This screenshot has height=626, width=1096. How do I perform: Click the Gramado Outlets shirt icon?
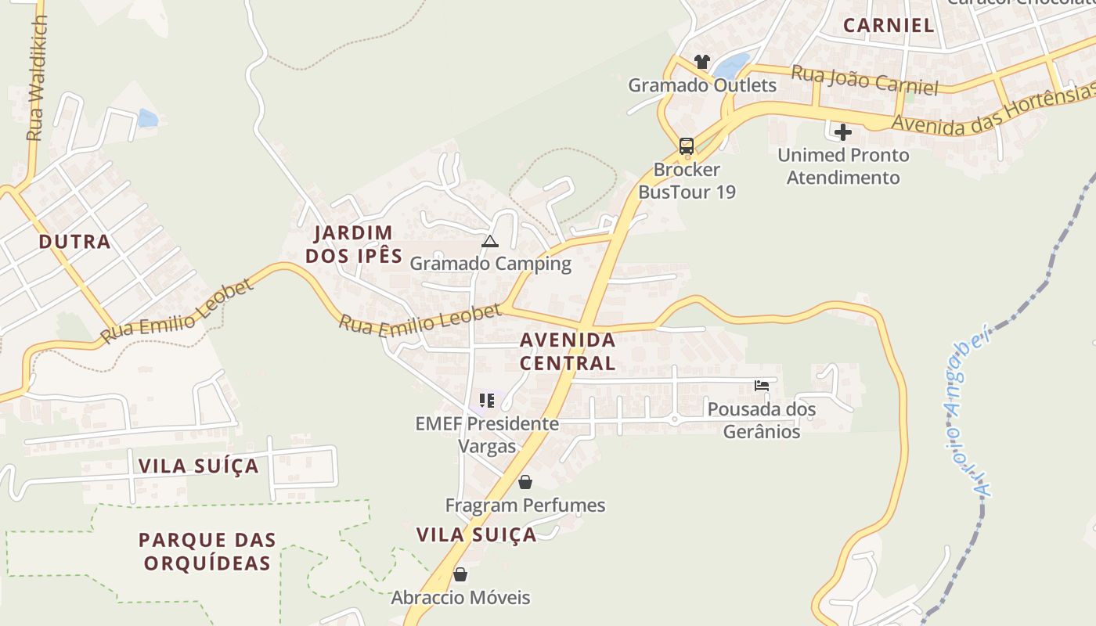coord(701,62)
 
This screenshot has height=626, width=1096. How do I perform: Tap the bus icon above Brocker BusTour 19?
coord(687,146)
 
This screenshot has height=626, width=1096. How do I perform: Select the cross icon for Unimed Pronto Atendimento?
coord(843,131)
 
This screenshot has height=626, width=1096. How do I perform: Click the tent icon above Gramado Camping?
coord(490,241)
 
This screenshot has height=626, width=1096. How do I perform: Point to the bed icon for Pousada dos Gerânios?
coord(761,385)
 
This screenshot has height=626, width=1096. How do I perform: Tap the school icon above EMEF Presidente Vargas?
coord(487,401)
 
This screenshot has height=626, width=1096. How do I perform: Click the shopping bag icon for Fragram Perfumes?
coord(525,482)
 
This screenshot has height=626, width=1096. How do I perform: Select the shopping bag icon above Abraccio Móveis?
coord(460,575)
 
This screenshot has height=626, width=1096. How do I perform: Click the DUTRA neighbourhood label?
coord(75,242)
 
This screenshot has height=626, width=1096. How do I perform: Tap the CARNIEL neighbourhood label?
coord(889,25)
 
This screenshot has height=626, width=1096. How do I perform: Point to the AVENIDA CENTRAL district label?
coord(568,351)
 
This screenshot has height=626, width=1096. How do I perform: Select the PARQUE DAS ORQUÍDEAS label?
coord(207,551)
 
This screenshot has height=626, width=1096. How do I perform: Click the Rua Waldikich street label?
coord(37,78)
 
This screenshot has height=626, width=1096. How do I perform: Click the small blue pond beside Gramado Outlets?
coord(731,65)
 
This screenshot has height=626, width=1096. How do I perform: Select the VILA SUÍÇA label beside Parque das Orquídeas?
coord(198,466)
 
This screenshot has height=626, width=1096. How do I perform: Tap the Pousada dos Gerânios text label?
coord(761,420)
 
